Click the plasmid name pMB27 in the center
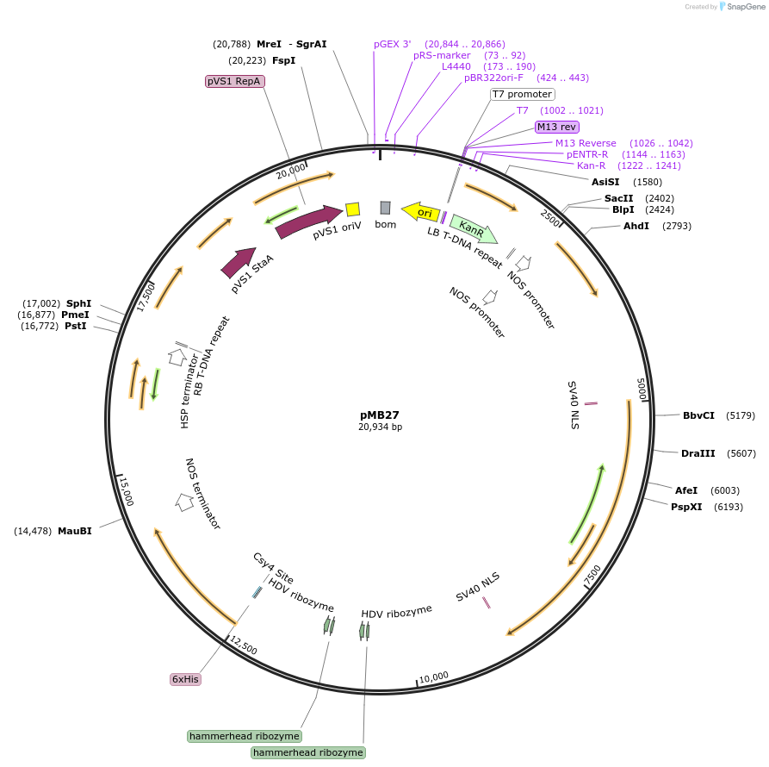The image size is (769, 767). [x=380, y=415]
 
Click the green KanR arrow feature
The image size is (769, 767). [x=473, y=228]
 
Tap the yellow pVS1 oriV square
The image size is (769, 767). [x=352, y=209]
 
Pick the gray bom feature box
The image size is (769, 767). [x=385, y=208]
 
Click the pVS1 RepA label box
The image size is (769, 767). [x=233, y=81]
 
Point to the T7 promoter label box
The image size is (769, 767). [x=522, y=94]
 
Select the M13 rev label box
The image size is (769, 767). [x=556, y=127]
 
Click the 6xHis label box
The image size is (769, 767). [x=185, y=679]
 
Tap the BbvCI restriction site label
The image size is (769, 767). [x=698, y=415]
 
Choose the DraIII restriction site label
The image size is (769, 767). [x=698, y=453]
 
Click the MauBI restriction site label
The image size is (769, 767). [x=74, y=531]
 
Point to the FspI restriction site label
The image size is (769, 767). [x=283, y=60]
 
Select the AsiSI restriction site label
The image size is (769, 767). [x=605, y=182]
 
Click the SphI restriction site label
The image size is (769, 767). [x=78, y=303]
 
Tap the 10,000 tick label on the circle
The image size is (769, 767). [x=433, y=677]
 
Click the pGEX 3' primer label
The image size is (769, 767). [x=392, y=44]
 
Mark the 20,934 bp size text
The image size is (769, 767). [x=380, y=427]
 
